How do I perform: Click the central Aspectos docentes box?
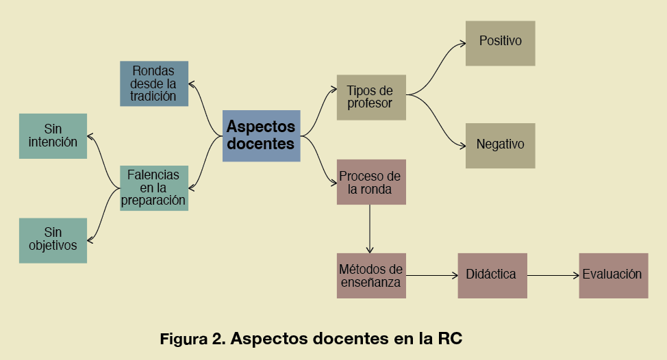pos(261,136)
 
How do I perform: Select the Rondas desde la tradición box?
pos(153,83)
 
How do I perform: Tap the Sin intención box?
pos(53,136)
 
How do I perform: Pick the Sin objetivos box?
pos(53,240)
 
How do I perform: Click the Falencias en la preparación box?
pos(153,188)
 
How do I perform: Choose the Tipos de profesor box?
pos(371,97)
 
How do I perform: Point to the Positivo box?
pos(500,43)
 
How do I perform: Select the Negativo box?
pos(500,145)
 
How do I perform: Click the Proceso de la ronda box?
pos(371,182)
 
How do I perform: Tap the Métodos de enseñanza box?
pos(371,275)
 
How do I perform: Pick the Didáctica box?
pos(492,275)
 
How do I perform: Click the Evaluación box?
pos(613,275)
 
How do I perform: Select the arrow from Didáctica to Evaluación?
pos(553,275)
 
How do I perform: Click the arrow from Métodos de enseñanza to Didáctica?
pos(431,275)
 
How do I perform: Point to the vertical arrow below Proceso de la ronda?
pos(370,229)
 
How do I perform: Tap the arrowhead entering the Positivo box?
pos(462,44)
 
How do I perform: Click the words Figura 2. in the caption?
pos(192,339)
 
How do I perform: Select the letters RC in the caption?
pos(450,339)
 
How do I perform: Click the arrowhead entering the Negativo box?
pos(462,144)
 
